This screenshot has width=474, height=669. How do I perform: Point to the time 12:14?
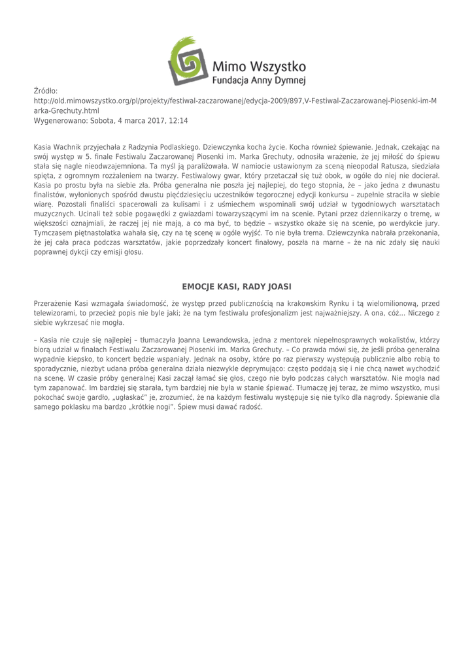[177, 121]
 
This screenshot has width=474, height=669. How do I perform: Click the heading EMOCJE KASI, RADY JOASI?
[236, 286]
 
